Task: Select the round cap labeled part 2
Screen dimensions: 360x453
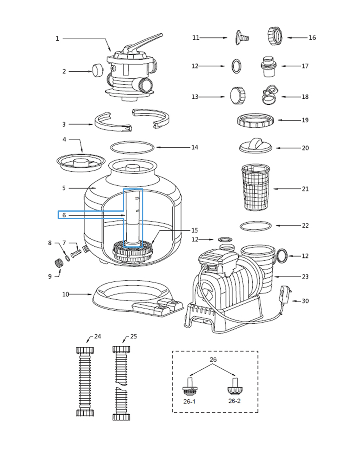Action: pyautogui.click(x=98, y=70)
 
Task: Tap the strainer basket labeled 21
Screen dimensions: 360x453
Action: pyautogui.click(x=256, y=187)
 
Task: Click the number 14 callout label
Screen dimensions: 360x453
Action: pyautogui.click(x=195, y=147)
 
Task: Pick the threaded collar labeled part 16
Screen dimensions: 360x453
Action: pyautogui.click(x=275, y=36)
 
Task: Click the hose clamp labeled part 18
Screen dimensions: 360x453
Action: pyautogui.click(x=269, y=95)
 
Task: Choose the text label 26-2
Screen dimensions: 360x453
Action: pyautogui.click(x=234, y=401)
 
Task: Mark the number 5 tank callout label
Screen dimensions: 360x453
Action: pyautogui.click(x=64, y=188)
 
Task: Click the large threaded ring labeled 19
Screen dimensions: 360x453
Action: pyautogui.click(x=256, y=120)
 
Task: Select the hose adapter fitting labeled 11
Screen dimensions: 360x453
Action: pyautogui.click(x=242, y=37)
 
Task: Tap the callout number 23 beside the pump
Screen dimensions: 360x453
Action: pyautogui.click(x=305, y=277)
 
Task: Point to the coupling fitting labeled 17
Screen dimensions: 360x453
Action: pyautogui.click(x=268, y=66)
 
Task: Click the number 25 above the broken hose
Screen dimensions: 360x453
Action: pyautogui.click(x=133, y=337)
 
